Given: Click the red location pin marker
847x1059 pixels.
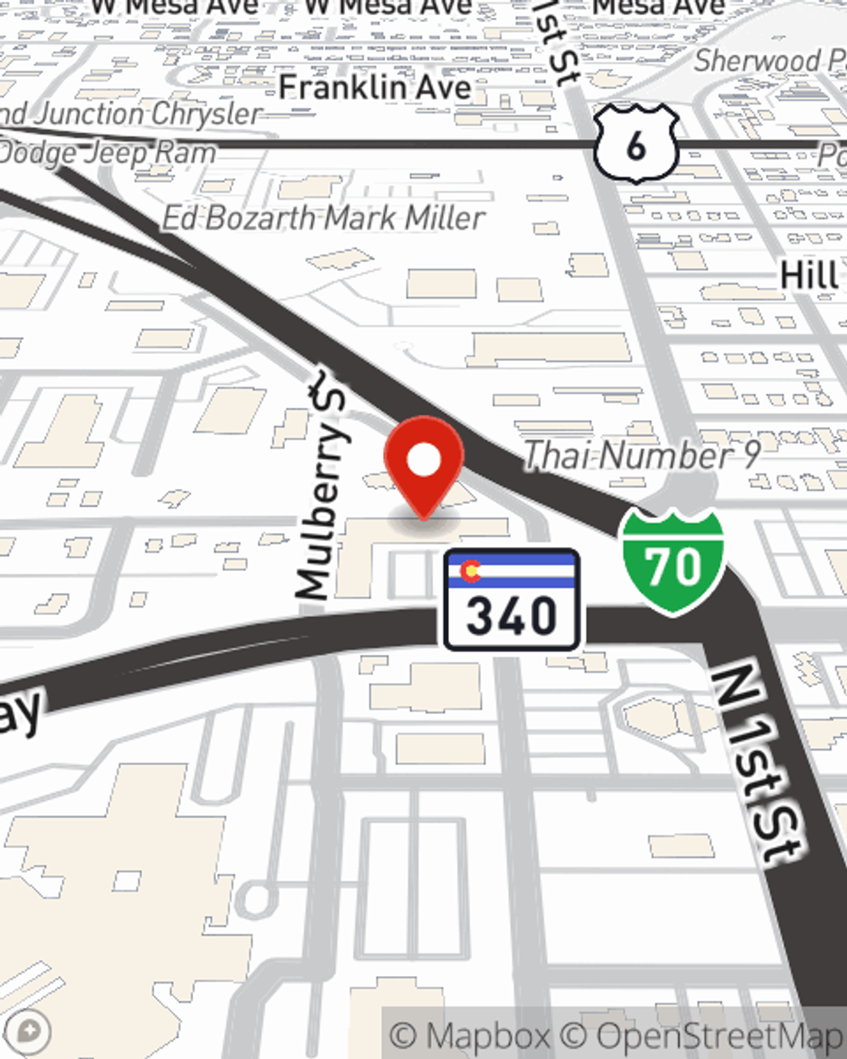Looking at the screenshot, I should point(423,464).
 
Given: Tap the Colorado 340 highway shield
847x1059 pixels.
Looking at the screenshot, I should point(512,600).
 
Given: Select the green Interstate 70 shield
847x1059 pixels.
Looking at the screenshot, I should point(673,562).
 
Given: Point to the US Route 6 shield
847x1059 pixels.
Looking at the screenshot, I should point(636,144).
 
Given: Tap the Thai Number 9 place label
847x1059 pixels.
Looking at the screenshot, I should point(641,456).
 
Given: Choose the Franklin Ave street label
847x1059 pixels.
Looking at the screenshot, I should point(374,87).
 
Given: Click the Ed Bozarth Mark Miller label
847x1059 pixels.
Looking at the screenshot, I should point(324,219).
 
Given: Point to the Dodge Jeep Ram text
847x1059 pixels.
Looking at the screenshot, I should point(107,153).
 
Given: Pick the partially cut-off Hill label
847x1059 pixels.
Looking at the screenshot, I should point(809,276).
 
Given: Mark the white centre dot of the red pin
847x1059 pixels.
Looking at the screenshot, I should point(423,461).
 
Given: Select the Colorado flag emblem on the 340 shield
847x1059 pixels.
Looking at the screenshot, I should point(469,572).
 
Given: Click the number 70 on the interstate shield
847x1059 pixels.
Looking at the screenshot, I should point(673,566).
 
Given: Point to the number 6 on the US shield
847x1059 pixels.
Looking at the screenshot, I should point(636,146).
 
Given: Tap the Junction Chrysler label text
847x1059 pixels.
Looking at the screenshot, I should point(136,114).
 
